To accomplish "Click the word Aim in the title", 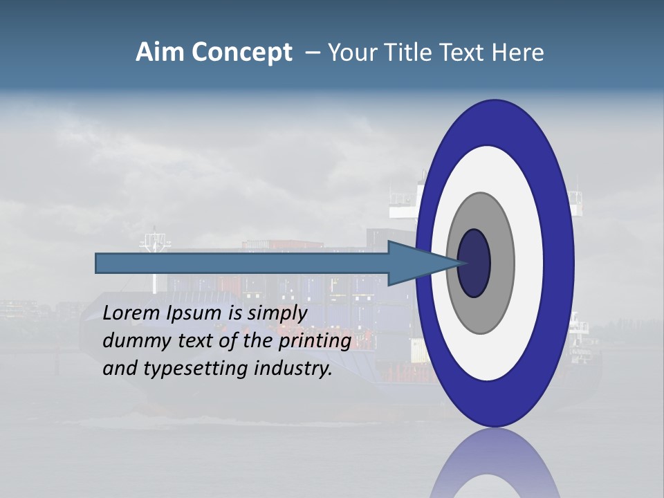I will (x=160, y=53).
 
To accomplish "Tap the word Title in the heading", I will (x=411, y=53).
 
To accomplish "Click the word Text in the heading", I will (x=464, y=53).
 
